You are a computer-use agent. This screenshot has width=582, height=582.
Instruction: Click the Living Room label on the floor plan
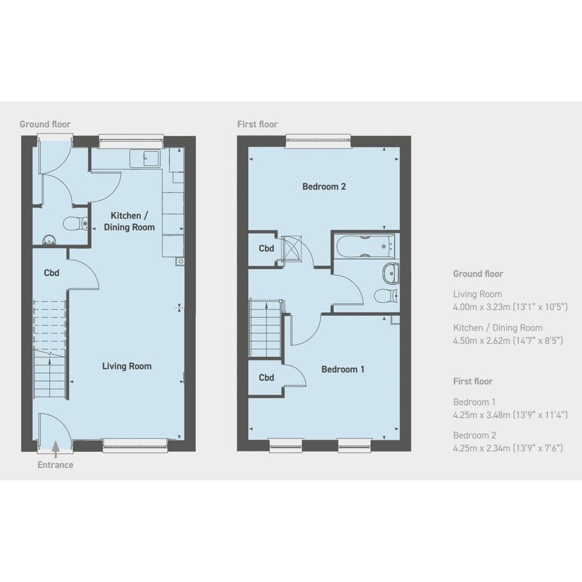127,366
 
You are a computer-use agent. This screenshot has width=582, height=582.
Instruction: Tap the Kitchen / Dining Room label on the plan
129,221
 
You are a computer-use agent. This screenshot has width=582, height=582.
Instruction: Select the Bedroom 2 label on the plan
324,187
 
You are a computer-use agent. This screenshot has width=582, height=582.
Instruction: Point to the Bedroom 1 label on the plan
342,370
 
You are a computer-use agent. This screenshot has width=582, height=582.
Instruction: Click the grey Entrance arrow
55,448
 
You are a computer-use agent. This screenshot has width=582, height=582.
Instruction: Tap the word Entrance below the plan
55,465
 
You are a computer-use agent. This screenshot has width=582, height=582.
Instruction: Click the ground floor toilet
75,224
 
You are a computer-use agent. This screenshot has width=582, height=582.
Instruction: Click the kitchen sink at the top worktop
145,158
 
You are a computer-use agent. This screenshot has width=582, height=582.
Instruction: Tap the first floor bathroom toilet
386,296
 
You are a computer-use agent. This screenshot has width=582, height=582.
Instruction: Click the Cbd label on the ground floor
52,273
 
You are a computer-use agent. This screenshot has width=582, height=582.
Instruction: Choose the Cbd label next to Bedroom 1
267,378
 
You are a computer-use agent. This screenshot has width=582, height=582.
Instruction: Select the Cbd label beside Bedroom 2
267,248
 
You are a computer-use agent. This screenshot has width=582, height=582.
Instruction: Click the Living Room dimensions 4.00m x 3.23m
511,307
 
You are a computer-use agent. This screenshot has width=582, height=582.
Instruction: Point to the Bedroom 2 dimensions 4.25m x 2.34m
508,448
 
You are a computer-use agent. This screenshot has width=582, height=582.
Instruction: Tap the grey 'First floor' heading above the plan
257,124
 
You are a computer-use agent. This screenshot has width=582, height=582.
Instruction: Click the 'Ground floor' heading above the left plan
46,124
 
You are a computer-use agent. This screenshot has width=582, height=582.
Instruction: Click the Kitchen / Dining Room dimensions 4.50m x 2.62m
508,341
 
